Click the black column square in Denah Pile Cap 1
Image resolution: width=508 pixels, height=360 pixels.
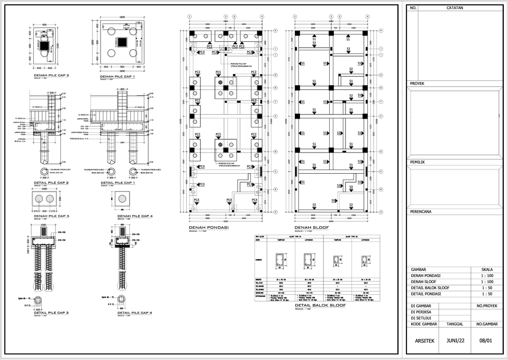122,43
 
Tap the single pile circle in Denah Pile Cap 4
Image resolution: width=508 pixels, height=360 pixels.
122,199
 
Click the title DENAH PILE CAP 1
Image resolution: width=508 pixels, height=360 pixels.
118,76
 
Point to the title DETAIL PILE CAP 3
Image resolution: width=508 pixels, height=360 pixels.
51,313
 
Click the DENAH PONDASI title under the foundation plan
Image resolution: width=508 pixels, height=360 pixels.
208,227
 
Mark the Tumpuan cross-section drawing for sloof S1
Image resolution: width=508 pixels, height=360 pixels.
280,260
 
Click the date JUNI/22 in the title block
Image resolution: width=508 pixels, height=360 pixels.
456,340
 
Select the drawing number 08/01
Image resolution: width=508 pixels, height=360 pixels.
485,340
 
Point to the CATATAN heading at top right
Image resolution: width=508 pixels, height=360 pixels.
455,8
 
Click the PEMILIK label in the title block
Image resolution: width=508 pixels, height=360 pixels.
419,162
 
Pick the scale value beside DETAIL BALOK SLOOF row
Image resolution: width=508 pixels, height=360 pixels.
487,289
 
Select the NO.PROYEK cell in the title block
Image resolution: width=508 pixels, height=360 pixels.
485,306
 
